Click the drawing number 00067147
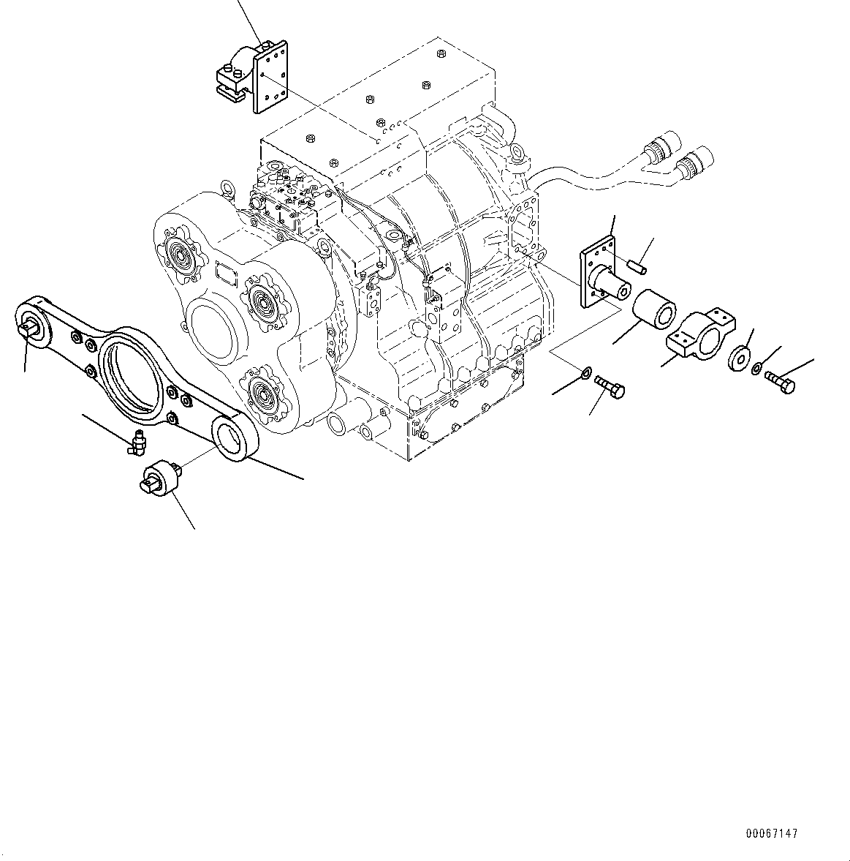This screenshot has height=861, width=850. pos(772,833)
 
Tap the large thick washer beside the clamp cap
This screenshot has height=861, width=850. pos(738,358)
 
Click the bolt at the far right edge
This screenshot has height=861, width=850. pos(780,383)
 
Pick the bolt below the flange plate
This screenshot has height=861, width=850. pos(610,387)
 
